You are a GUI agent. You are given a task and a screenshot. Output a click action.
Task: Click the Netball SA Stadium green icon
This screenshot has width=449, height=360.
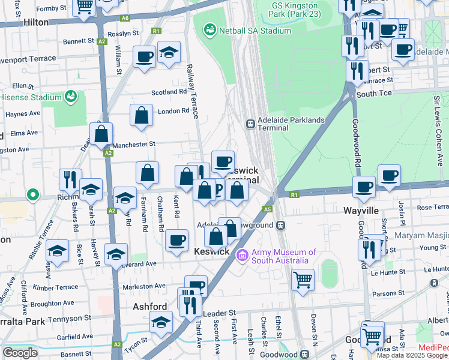point(209,29)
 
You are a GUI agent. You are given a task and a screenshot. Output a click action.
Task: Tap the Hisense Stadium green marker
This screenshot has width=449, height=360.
point(71,96)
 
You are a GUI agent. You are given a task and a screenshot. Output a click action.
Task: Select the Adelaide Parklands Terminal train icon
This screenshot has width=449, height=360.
point(250,124)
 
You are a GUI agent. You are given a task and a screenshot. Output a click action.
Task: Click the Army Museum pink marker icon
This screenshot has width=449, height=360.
point(243,256)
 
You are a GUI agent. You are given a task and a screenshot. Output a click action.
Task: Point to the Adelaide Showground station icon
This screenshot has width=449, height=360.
point(280,226)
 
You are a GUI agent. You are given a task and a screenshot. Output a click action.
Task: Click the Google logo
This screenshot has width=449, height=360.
point(20,353)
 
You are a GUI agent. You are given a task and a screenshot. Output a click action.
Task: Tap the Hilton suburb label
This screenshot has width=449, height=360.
point(35,22)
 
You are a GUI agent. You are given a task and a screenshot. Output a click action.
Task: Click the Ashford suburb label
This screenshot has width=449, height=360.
point(149,307)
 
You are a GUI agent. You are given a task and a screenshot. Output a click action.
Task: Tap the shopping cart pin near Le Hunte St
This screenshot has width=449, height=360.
point(303,279)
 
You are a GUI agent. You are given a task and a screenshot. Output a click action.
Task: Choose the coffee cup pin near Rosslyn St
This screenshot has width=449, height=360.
point(144,57)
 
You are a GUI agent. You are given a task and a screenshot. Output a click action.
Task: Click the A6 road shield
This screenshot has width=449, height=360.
point(124,19)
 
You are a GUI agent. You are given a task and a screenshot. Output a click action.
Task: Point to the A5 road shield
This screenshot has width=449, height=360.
point(267,209)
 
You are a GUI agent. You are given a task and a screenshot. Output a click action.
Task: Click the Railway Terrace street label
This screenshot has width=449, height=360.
point(192,90)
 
